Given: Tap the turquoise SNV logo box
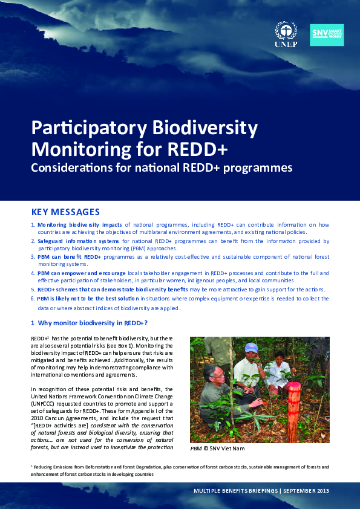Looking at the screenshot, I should [327, 35].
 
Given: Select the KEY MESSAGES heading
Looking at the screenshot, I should [65, 212].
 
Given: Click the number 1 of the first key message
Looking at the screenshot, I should [33, 224].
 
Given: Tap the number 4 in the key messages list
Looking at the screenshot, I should [33, 273].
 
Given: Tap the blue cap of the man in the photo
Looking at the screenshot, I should [251, 347].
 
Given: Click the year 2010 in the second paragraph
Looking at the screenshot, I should [38, 417].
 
